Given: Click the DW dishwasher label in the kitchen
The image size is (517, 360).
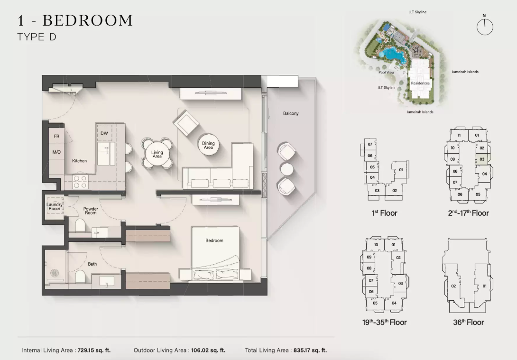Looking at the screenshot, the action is pyautogui.click(x=104, y=133).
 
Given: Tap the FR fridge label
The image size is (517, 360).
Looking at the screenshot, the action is pyautogui.click(x=57, y=136).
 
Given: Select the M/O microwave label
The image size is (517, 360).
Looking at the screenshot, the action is pyautogui.click(x=56, y=152).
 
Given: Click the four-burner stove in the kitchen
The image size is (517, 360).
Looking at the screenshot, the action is pyautogui.click(x=81, y=182).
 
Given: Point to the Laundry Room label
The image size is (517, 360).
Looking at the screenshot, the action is pyautogui.click(x=55, y=206).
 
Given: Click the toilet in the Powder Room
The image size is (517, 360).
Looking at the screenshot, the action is pyautogui.click(x=80, y=226).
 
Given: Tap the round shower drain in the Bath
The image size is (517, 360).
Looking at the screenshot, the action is pyautogui.click(x=54, y=273).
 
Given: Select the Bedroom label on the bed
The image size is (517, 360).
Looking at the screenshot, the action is pyautogui.click(x=214, y=240).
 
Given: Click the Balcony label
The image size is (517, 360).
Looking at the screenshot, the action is pyautogui.click(x=291, y=113).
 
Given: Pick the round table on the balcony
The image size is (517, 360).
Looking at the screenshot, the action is pyautogui.click(x=287, y=169).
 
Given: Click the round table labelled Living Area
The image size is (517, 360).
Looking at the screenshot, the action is pyautogui.click(x=157, y=154).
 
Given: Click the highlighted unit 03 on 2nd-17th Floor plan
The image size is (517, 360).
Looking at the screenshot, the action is pyautogui.click(x=482, y=159).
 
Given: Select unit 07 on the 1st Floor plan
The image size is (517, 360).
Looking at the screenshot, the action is pyautogui.click(x=370, y=144).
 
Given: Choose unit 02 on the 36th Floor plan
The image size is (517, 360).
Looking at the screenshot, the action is pyautogui.click(x=453, y=286).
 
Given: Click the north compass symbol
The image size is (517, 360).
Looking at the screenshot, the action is pyautogui.click(x=485, y=26).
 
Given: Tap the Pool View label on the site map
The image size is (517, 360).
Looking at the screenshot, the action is pyautogui.click(x=387, y=72).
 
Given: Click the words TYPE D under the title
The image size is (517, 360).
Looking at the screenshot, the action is pyautogui.click(x=37, y=37).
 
